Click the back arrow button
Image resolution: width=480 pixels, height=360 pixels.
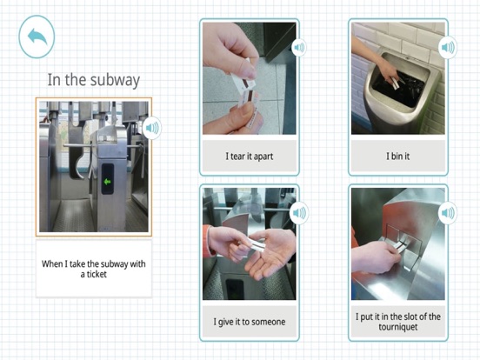[x=37, y=37]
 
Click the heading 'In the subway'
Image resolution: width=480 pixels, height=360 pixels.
[x=94, y=80]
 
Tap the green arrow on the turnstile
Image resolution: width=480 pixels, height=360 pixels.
[x=107, y=182]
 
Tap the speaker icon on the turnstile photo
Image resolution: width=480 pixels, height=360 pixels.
[x=152, y=128]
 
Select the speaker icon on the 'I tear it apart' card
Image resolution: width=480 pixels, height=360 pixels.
[x=299, y=48]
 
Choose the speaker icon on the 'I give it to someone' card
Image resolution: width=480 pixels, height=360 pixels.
[x=299, y=213]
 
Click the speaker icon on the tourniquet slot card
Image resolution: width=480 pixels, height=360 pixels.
[x=448, y=212]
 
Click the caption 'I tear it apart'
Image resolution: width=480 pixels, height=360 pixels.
[x=250, y=157]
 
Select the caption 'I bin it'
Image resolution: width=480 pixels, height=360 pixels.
[x=397, y=157]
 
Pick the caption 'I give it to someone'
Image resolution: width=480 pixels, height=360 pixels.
[x=250, y=322]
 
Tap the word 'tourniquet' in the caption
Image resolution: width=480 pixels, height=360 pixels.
[x=398, y=327]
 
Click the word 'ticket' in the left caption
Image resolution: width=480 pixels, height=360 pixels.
[x=97, y=274]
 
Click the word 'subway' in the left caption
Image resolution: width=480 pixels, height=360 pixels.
[x=115, y=264]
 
